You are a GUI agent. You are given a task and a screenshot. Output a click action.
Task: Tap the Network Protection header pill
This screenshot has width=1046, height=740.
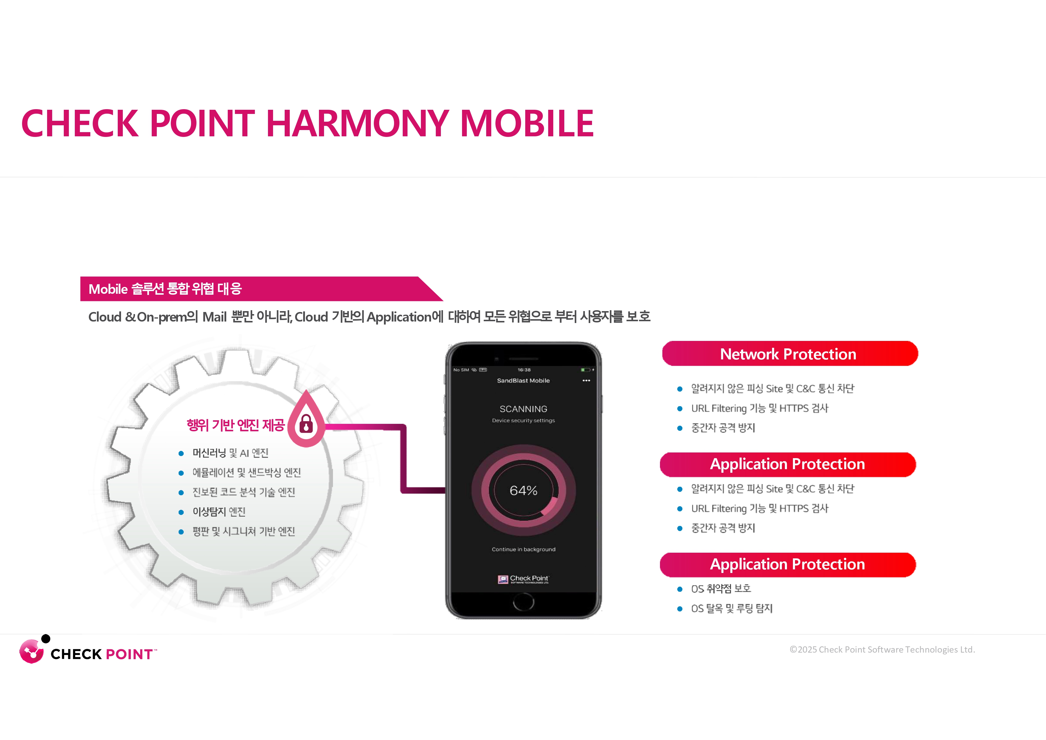(x=790, y=353)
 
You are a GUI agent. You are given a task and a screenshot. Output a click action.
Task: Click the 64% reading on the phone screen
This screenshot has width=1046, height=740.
(x=523, y=491)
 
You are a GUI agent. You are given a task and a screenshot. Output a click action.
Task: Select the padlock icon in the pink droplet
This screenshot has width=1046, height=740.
(x=306, y=424)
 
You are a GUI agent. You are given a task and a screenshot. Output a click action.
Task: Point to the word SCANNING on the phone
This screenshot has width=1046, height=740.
(x=523, y=409)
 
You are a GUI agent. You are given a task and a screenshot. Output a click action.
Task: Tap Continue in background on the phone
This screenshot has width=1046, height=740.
(x=523, y=549)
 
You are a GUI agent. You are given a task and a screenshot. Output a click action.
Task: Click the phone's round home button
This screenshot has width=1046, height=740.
(x=523, y=602)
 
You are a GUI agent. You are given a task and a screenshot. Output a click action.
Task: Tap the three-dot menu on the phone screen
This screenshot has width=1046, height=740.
(x=586, y=381)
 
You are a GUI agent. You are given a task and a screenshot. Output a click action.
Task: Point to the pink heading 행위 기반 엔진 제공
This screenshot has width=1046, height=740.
(x=235, y=425)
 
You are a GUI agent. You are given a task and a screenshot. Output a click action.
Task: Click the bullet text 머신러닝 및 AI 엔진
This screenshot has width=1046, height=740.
(x=230, y=453)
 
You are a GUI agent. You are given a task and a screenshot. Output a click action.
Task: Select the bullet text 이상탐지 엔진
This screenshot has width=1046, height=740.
(x=219, y=512)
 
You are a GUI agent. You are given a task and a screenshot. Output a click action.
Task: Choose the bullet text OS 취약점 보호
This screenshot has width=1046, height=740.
(x=721, y=588)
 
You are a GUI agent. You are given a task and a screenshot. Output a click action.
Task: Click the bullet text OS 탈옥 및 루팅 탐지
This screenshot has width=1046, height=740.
(x=732, y=608)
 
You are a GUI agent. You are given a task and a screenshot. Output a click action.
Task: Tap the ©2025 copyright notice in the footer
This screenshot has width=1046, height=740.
(x=882, y=650)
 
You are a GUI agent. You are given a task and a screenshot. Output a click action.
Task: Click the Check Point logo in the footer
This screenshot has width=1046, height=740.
(x=88, y=650)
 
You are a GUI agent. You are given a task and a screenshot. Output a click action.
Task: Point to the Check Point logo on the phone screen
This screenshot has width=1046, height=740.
(x=523, y=579)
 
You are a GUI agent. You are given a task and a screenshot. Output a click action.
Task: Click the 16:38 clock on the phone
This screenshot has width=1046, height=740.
(x=524, y=370)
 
